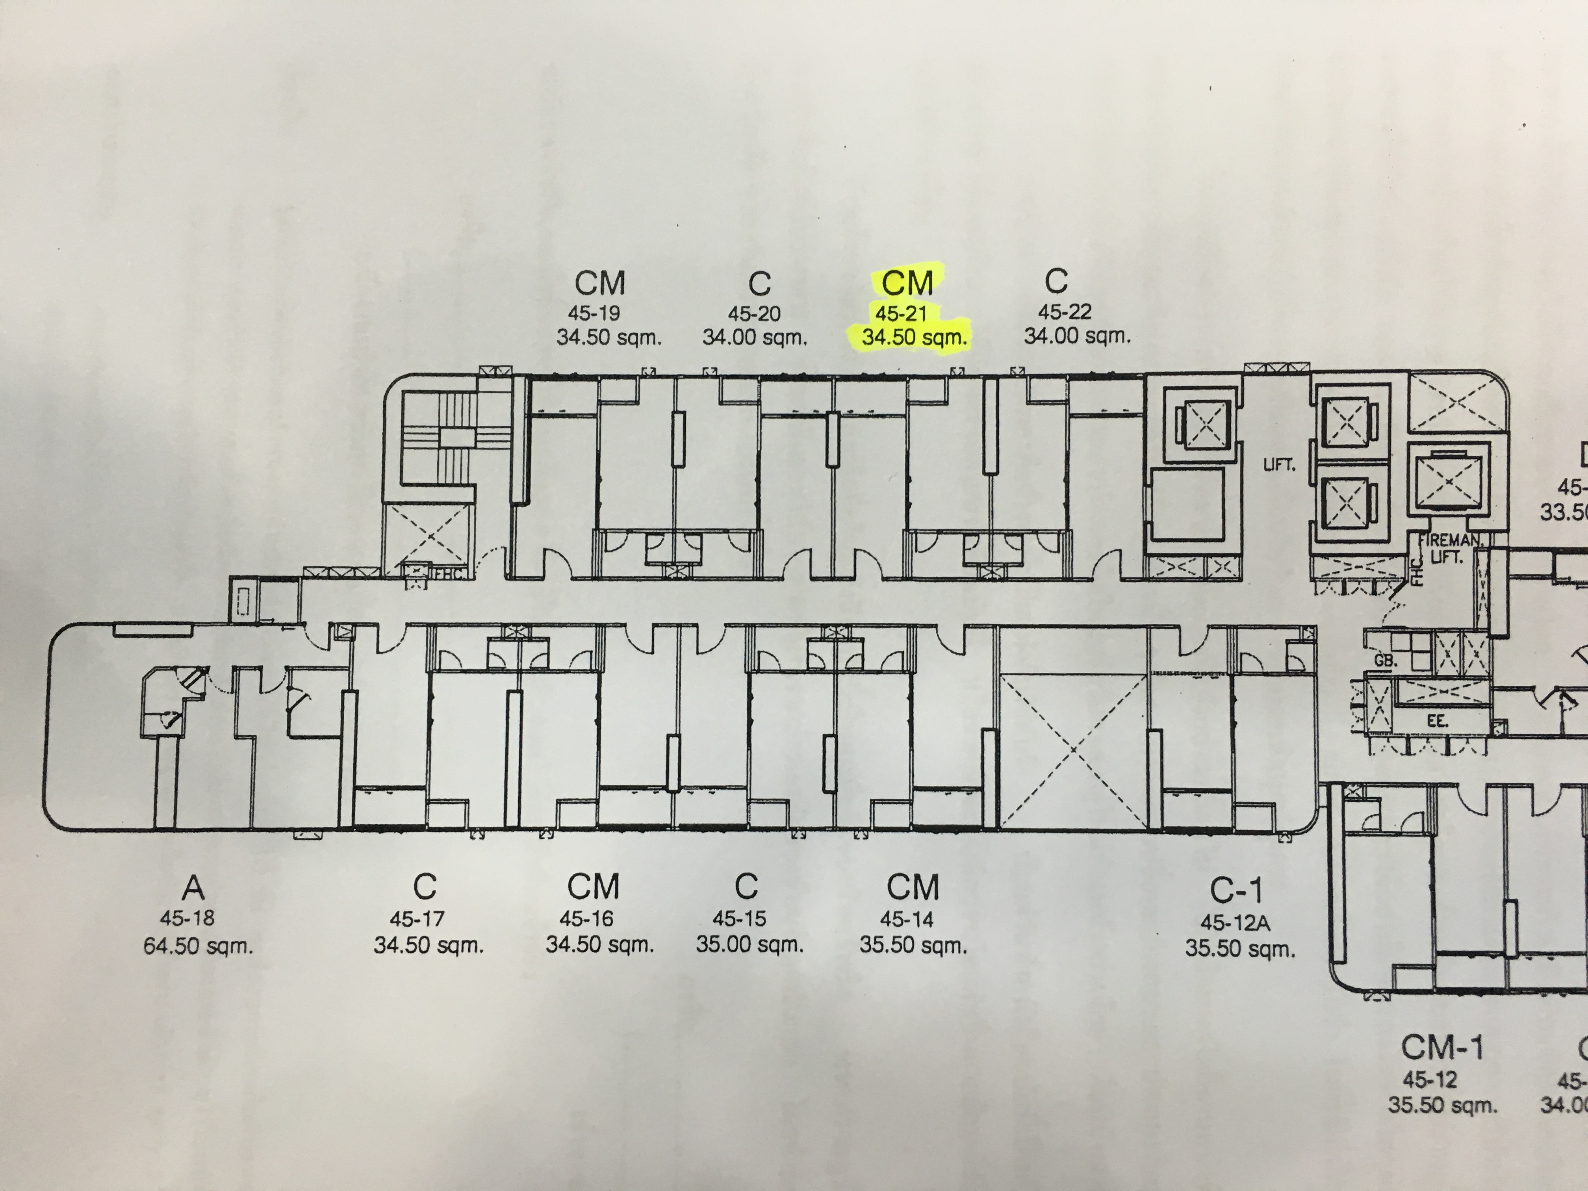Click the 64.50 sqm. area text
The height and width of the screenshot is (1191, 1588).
(x=198, y=946)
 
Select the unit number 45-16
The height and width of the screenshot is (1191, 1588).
(x=586, y=918)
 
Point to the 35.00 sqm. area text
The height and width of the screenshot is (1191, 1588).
(x=749, y=945)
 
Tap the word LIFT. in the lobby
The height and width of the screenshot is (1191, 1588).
(x=1279, y=465)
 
